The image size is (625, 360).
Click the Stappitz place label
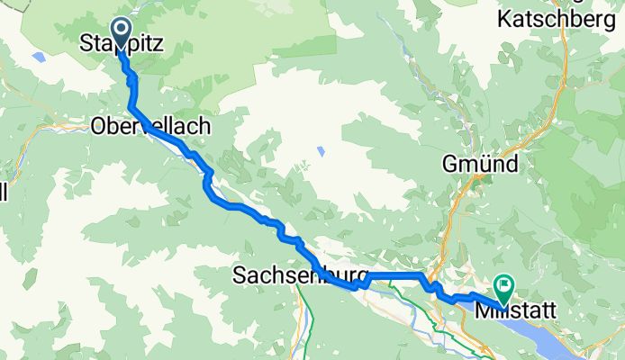pyautogui.click(x=122, y=42)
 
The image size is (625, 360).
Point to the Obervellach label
pyautogui.click(x=151, y=128)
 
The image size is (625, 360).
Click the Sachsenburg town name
pyautogui.click(x=300, y=273)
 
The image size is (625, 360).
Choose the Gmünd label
pyautogui.click(x=479, y=165)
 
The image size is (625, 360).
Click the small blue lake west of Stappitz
pyautogui.click(x=38, y=57)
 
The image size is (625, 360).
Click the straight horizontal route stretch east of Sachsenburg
pyautogui.click(x=392, y=274)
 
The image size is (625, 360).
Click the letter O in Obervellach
pyautogui.click(x=99, y=128)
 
